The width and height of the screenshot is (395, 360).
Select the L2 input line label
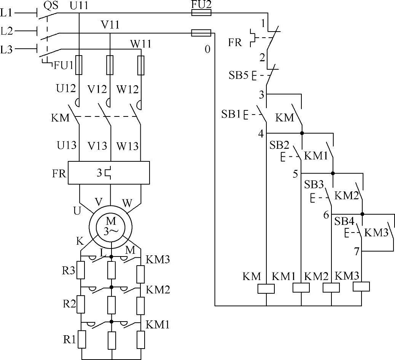tap(7, 31)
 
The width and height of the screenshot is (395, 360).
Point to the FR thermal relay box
tap(109, 173)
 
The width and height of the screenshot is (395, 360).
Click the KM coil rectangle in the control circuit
tap(266, 289)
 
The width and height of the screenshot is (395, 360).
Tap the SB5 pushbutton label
tap(238, 75)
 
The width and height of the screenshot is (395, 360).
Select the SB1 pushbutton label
tap(231, 113)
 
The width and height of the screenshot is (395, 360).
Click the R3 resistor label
tap(69, 271)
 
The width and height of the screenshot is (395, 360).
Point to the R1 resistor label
tap(69, 339)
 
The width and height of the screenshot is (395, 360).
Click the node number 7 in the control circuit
tap(356, 251)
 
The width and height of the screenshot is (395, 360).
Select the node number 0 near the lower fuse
tap(207, 49)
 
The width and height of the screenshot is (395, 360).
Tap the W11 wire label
tap(141, 45)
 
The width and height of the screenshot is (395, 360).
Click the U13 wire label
tap(67, 145)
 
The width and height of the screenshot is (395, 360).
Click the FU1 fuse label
tap(63, 65)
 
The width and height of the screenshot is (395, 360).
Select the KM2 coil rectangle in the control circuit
tap(331, 288)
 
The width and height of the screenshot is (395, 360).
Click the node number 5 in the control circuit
tap(295, 174)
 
